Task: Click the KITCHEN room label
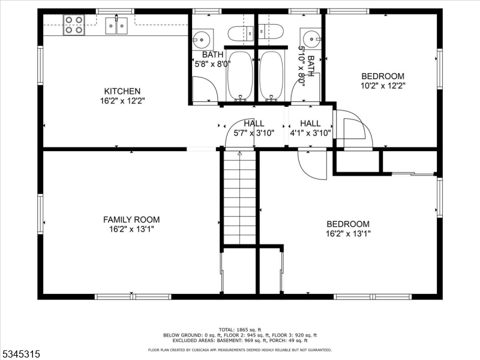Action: [x=122, y=91]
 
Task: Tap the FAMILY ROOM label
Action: [x=131, y=220]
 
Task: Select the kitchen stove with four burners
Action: [x=74, y=25]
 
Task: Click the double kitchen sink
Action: [x=116, y=26]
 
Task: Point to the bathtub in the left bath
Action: [x=241, y=76]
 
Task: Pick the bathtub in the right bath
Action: [x=272, y=76]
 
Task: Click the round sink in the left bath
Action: [x=202, y=40]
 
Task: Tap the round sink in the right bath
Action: [x=311, y=39]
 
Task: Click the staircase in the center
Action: [x=239, y=197]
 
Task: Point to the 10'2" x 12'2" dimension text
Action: [x=383, y=86]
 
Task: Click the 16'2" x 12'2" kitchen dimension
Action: [x=122, y=101]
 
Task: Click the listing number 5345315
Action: [x=20, y=354]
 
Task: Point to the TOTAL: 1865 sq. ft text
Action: [x=240, y=329]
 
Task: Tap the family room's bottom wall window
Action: [x=133, y=296]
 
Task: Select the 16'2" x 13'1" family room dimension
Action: [x=131, y=229]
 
